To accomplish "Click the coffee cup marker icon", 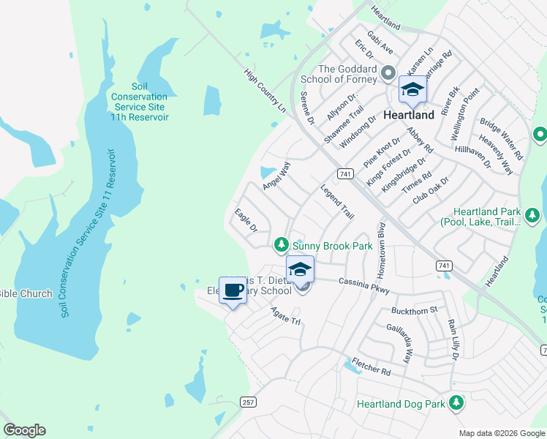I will click(x=233, y=290).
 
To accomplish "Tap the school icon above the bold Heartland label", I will click(x=412, y=90).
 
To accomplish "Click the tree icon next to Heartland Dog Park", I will click(x=456, y=402).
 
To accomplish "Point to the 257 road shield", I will click(x=248, y=402).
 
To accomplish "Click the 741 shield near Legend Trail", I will click(x=346, y=173).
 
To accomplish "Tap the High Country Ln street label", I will click(x=265, y=91).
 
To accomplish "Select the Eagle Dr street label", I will click(x=246, y=220).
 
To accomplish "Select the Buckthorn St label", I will click(x=413, y=309).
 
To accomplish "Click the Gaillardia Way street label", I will click(x=400, y=344).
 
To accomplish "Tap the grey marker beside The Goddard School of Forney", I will click(x=388, y=75).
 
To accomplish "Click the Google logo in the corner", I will click(x=24, y=430).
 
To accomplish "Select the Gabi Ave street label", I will click(x=381, y=43).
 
